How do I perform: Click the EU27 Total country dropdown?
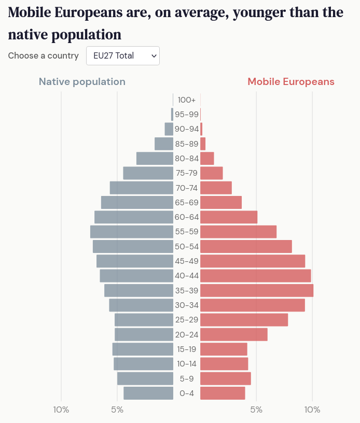coord(123,56)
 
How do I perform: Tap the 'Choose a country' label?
coord(43,56)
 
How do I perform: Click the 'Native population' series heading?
coord(82,82)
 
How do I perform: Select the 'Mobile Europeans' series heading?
coord(290,82)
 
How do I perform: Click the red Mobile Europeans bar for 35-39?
coord(257,291)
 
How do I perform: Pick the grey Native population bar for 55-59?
coord(131,232)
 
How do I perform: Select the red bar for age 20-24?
coord(233,335)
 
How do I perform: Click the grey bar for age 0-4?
coord(148,393)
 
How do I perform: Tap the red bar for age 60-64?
coord(229,217)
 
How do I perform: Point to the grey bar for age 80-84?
coord(155,159)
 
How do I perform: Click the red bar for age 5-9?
coord(225,379)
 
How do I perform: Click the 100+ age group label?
coord(187,100)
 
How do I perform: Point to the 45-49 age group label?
coord(187,261)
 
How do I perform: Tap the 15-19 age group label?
coord(187,349)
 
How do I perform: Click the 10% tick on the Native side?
coord(61,410)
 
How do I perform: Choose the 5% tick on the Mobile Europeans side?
coord(256,410)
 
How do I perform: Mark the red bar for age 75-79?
coord(211,173)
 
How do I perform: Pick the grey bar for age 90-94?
coord(169,129)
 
